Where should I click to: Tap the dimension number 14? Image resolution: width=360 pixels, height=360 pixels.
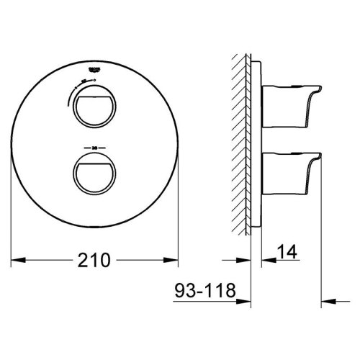click(286, 252)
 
